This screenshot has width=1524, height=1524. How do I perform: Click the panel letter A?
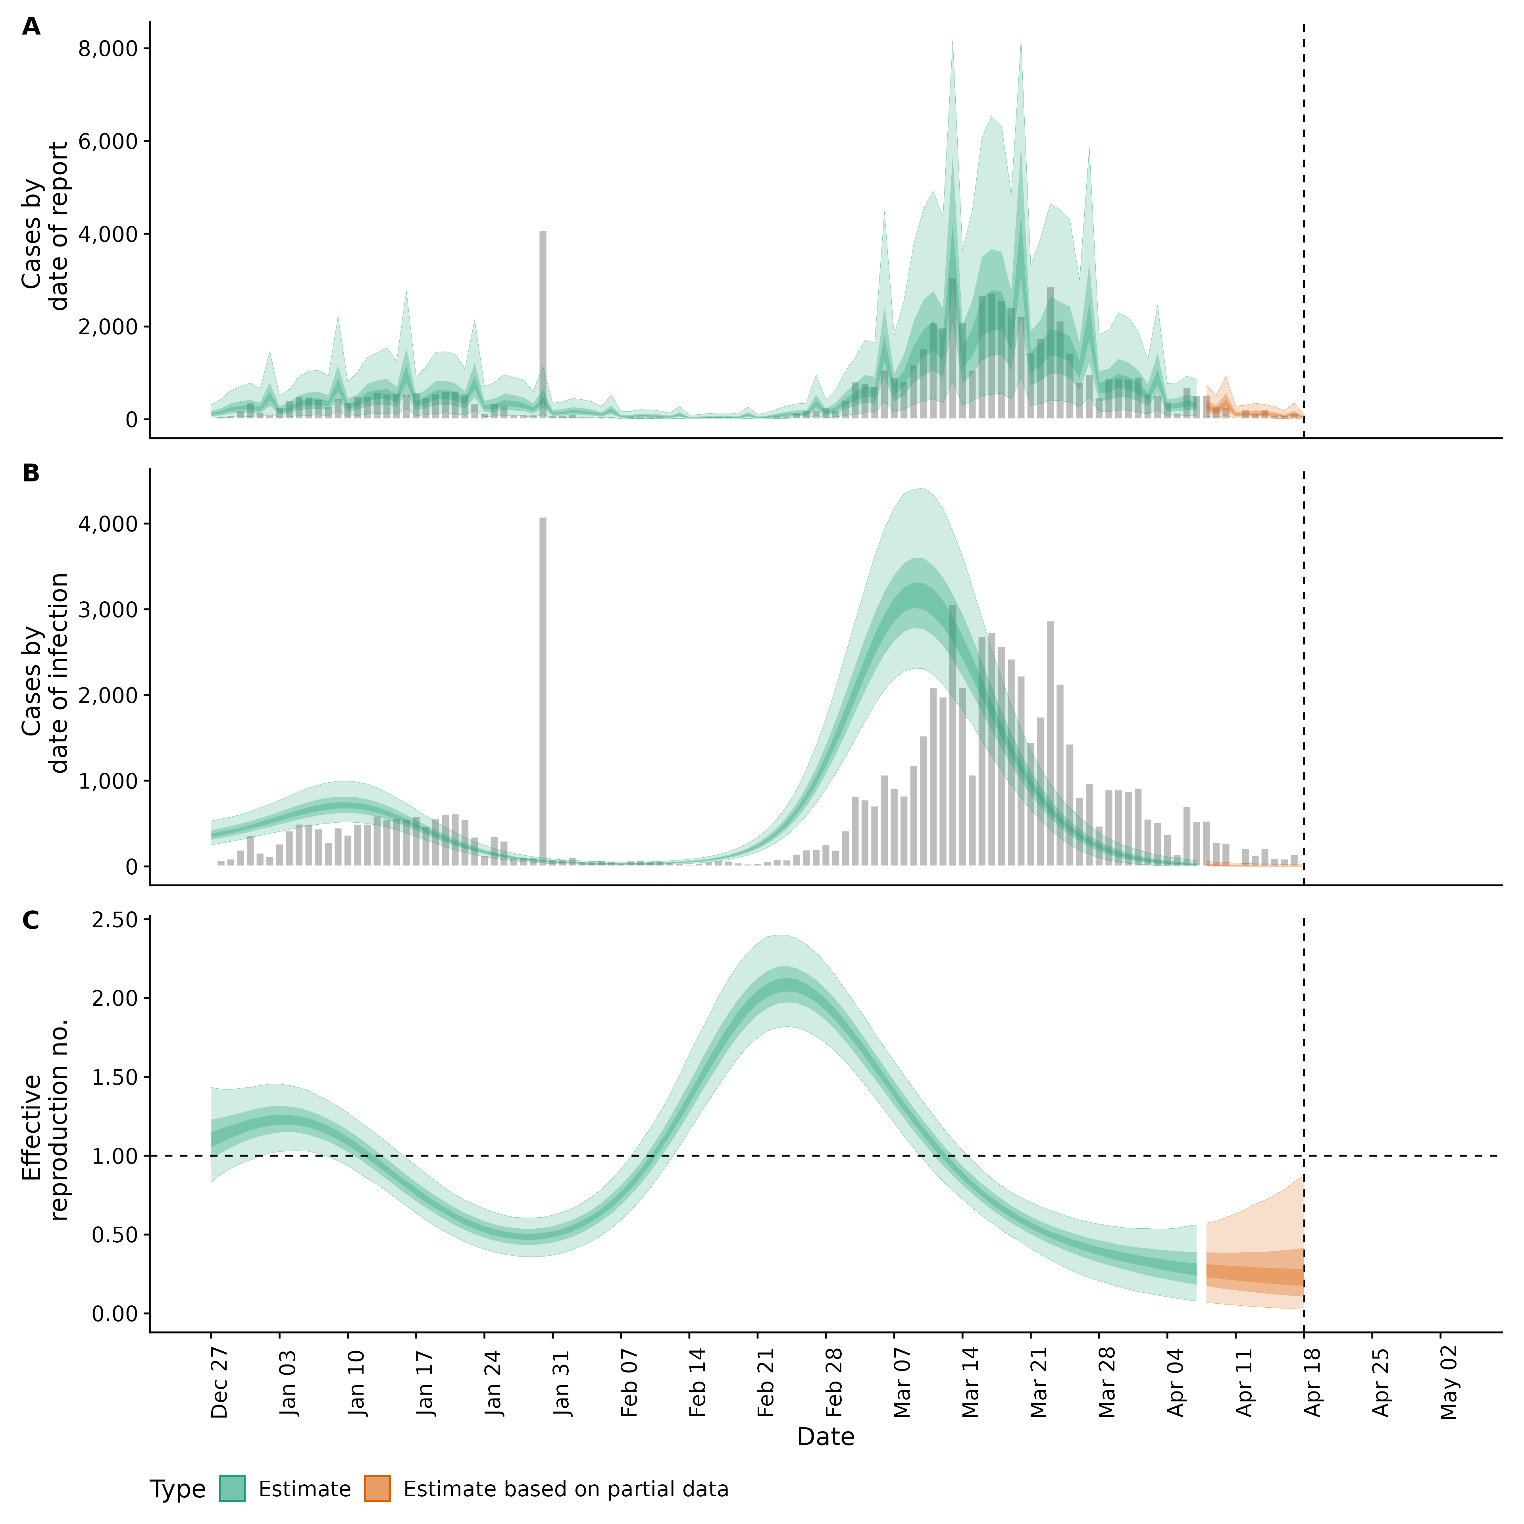(31, 27)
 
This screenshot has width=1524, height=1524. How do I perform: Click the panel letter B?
(31, 473)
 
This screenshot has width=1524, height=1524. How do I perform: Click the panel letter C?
(31, 921)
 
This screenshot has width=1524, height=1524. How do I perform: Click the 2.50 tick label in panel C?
(114, 920)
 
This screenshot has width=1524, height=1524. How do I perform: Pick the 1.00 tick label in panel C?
(114, 1156)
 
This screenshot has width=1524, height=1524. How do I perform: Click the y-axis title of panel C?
(45, 1120)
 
